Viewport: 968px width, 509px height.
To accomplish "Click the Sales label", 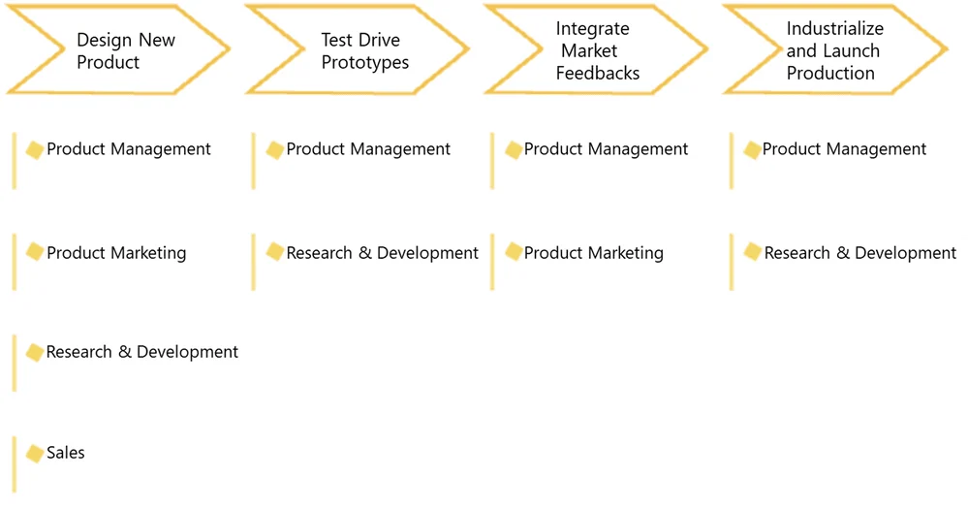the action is tap(66, 453).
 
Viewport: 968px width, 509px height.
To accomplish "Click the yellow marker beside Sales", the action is tap(35, 454).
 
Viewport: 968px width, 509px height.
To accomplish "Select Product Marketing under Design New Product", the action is tap(116, 253).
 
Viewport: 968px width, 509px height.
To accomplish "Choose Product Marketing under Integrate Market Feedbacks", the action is tap(593, 253).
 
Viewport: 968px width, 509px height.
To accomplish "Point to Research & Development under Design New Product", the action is tap(142, 352).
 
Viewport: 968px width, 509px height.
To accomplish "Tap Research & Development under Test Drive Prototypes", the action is tap(382, 253).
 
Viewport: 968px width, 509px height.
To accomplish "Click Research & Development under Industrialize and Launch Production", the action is tap(860, 253).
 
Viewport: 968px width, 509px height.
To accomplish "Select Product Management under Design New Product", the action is tap(129, 149).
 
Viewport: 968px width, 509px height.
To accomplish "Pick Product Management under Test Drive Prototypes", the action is tap(368, 149).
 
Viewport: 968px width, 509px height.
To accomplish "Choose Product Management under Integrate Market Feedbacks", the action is tap(606, 149).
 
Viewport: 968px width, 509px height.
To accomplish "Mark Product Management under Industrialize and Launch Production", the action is tap(844, 149).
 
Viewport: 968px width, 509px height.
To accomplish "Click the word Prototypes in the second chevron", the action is tap(365, 62).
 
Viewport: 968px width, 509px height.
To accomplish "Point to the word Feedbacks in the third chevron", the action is tap(598, 73).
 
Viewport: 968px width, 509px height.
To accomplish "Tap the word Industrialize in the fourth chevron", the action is tap(834, 28).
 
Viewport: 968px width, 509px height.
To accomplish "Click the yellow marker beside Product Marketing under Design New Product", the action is tap(35, 252).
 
